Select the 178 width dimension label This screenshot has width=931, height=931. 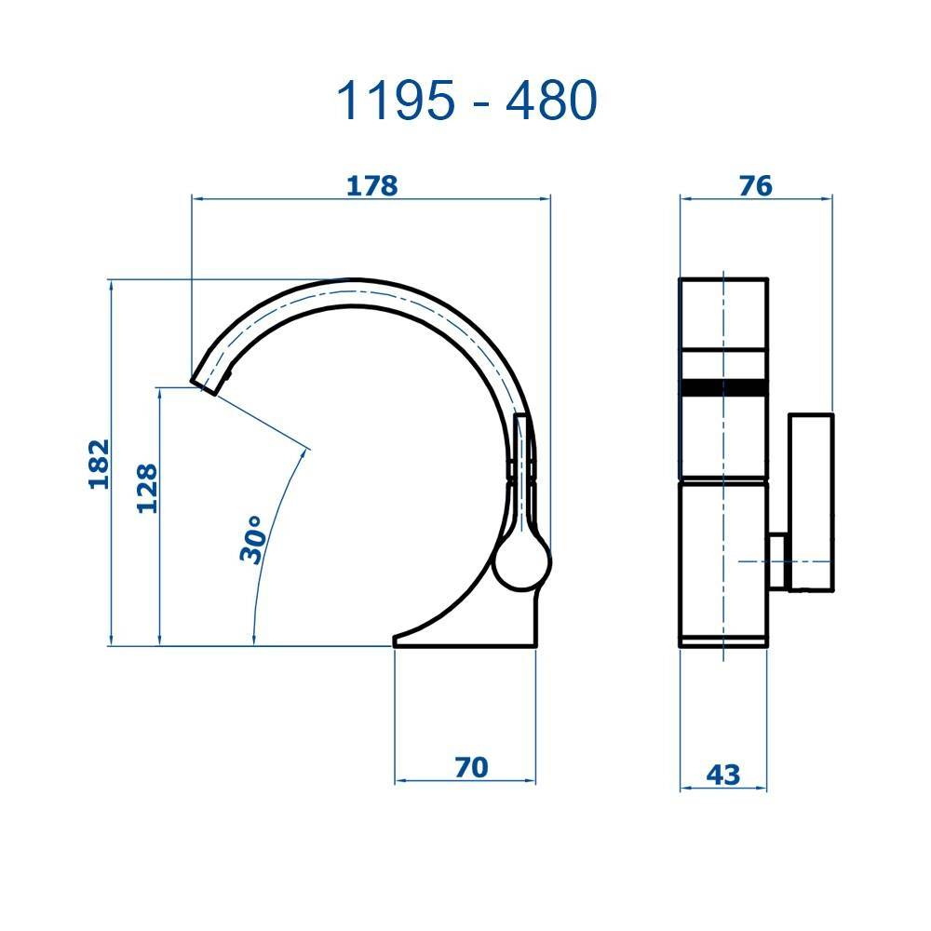tap(371, 185)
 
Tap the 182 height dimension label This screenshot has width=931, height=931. tap(99, 463)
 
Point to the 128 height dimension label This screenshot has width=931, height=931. tap(147, 488)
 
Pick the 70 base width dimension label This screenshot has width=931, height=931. tap(471, 767)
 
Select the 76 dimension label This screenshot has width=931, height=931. tap(755, 185)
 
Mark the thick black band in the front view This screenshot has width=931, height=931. tap(723, 388)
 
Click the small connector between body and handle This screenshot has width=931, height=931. tap(777, 560)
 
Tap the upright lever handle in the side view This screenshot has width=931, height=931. tap(525, 465)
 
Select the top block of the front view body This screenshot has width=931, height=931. tap(723, 312)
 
